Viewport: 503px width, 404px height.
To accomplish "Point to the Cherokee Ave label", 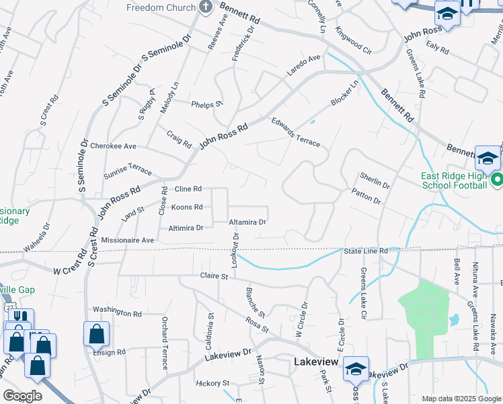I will [x=113, y=145].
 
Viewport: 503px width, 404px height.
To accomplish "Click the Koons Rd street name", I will [x=187, y=207].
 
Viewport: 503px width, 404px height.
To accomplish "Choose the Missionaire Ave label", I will [x=128, y=240].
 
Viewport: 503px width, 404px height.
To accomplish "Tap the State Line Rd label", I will [x=366, y=251].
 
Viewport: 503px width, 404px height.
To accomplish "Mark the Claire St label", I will [x=215, y=276].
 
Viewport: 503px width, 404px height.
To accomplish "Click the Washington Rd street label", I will [x=117, y=313].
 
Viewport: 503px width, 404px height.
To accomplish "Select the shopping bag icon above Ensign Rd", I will [x=96, y=333].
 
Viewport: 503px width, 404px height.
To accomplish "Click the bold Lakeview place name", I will [x=320, y=362].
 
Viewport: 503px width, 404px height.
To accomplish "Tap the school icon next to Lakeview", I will [x=356, y=368].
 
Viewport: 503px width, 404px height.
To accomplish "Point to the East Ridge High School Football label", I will [x=453, y=180].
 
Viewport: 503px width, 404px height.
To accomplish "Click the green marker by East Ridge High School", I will [x=496, y=180].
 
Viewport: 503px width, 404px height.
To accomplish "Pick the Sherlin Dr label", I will [x=375, y=180].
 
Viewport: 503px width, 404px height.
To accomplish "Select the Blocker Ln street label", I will [x=345, y=93].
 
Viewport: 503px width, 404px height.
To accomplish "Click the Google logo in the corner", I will [x=22, y=396].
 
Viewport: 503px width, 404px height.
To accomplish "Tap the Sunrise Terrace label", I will [x=128, y=170].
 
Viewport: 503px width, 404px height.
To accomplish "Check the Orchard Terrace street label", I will [x=164, y=343].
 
